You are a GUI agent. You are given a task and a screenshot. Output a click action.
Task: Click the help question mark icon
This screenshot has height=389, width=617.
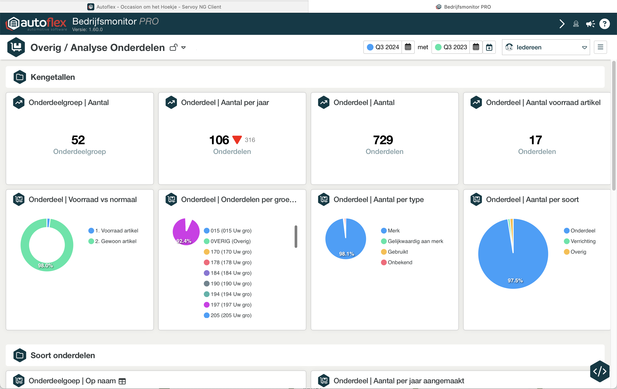pos(604,24)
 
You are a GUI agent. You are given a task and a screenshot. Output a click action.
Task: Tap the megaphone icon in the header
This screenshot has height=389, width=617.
pos(590,24)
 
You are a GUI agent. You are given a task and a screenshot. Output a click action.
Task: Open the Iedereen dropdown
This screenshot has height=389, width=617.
pos(546,47)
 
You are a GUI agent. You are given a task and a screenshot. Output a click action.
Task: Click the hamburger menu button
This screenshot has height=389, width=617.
pos(600,47)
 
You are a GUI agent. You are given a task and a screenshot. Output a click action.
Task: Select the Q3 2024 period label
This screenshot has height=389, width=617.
pos(387,47)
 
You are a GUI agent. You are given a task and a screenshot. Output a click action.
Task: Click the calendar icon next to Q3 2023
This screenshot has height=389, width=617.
pos(476,47)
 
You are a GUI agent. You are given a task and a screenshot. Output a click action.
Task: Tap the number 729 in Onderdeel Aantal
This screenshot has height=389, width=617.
pos(383,140)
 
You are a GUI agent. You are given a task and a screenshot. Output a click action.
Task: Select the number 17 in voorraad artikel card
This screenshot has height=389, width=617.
pos(535,140)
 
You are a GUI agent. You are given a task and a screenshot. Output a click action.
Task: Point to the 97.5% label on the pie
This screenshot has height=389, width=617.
pos(515,281)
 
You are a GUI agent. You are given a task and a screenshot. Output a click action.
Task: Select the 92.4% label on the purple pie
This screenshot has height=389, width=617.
pos(184,241)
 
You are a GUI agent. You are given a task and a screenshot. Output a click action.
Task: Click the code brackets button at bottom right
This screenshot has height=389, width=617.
pos(600,371)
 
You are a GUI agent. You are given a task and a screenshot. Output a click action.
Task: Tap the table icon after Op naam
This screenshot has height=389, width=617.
pos(122,381)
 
